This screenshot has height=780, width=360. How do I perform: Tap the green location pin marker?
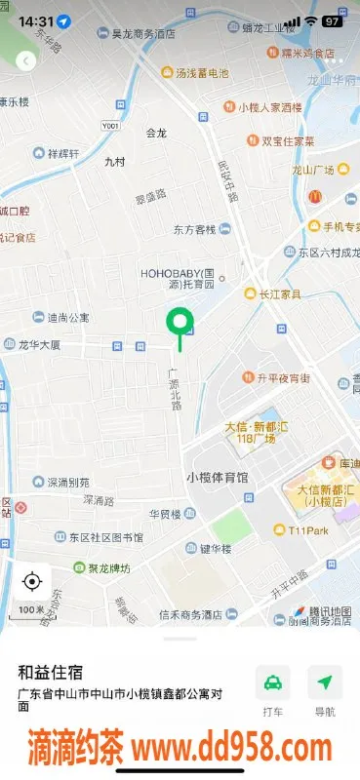(x=179, y=322)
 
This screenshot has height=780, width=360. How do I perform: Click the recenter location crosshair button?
(x=31, y=581)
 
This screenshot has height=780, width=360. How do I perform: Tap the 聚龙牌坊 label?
(x=100, y=567)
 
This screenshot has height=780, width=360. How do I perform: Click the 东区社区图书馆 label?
(x=105, y=537)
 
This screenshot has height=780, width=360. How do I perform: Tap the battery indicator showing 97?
(x=332, y=20)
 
